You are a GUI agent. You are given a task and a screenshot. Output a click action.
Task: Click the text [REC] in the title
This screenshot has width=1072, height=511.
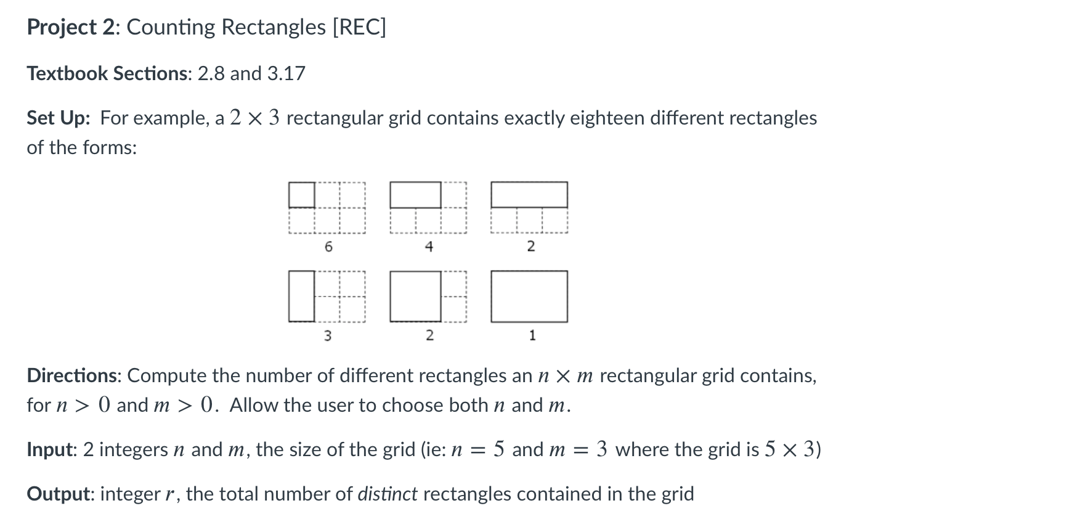359,27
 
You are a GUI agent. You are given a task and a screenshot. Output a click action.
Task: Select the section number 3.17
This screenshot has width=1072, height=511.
286,73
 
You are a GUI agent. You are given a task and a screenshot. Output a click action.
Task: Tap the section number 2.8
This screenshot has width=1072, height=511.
211,73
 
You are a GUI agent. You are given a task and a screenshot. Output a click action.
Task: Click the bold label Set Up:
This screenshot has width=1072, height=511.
59,118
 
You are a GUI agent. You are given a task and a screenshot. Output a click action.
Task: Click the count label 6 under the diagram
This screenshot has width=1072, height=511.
328,247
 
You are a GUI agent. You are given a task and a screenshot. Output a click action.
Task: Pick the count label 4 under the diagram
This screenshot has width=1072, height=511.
429,247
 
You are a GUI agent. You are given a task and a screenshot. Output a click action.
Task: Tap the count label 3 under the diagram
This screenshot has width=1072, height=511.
328,336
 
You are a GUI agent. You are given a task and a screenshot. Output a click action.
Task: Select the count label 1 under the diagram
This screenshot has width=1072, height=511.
532,336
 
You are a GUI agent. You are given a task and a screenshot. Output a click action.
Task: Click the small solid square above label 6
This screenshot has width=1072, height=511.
302,195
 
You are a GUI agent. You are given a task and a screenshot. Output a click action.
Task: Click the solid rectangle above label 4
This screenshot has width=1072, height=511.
416,195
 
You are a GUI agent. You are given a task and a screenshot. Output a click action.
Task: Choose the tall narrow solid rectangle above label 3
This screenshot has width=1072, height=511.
302,296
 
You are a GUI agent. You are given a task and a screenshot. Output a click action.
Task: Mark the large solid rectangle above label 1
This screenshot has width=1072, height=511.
529,296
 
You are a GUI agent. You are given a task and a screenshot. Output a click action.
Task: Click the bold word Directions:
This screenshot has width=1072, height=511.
74,375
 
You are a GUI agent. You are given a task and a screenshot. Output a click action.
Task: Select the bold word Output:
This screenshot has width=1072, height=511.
60,494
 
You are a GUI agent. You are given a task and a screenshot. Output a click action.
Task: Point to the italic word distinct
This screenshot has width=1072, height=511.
388,494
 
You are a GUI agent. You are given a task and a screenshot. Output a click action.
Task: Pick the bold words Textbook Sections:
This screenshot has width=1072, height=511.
109,73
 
